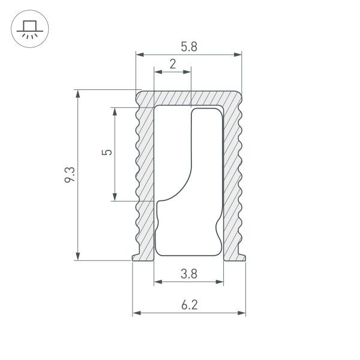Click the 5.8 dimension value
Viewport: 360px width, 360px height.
(188, 47)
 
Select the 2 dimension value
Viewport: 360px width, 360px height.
(173, 64)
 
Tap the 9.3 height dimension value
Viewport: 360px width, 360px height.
(70, 175)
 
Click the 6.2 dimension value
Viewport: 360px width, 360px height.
(188, 305)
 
